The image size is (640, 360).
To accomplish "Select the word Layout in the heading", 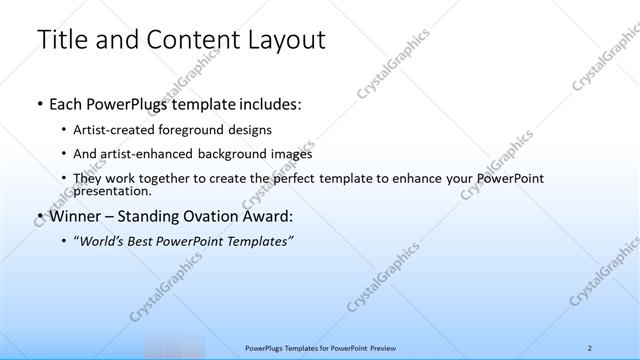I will pyautogui.click(x=280, y=41).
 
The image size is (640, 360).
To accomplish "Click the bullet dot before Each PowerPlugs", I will pyautogui.click(x=38, y=103).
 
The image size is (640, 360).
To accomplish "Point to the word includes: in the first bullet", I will pyautogui.click(x=266, y=103).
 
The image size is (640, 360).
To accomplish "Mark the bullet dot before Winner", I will pyautogui.click(x=38, y=215).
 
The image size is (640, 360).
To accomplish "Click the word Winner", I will pyautogui.click(x=74, y=215).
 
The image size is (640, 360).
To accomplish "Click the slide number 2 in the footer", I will pyautogui.click(x=590, y=347).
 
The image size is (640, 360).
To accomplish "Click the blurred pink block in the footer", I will pyautogui.click(x=172, y=347).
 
